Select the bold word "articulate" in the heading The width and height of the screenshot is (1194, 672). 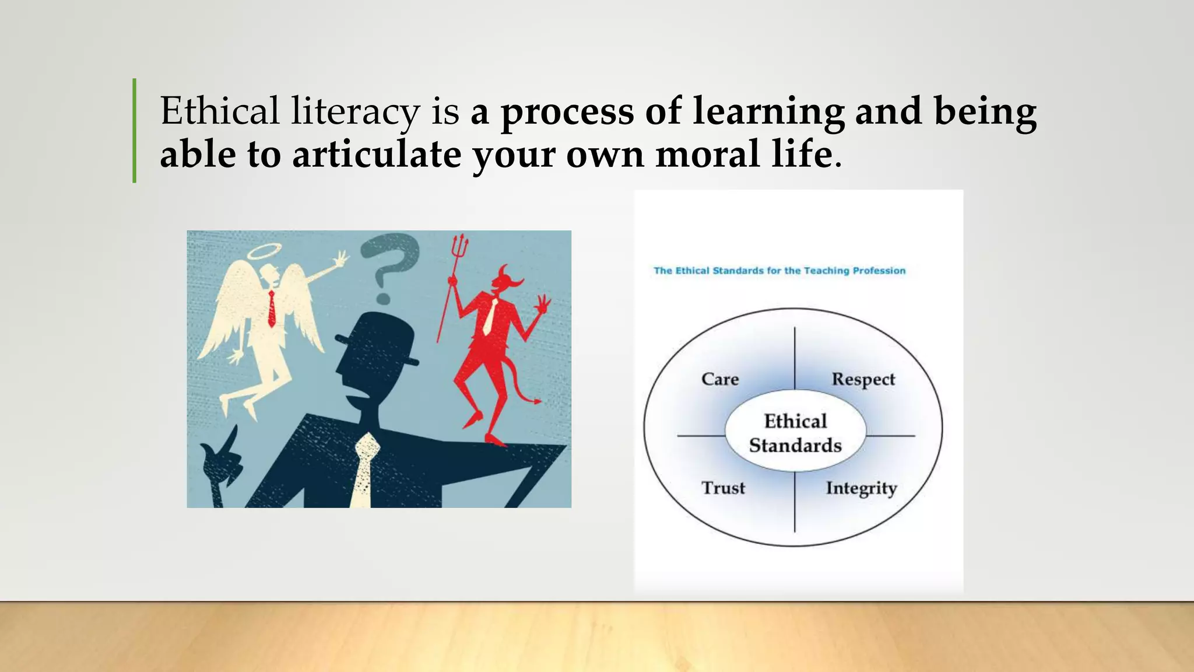377,155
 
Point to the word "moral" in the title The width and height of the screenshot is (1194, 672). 707,155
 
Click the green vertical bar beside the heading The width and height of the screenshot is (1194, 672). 135,131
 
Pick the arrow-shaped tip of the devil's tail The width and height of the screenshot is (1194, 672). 536,401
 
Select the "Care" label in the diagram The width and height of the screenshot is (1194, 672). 720,379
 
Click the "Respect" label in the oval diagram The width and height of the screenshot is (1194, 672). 863,379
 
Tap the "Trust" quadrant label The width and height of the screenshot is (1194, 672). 723,488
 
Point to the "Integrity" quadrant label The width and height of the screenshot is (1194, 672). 861,488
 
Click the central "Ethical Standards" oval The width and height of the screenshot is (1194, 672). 795,433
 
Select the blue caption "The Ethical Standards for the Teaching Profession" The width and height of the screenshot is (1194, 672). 779,271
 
